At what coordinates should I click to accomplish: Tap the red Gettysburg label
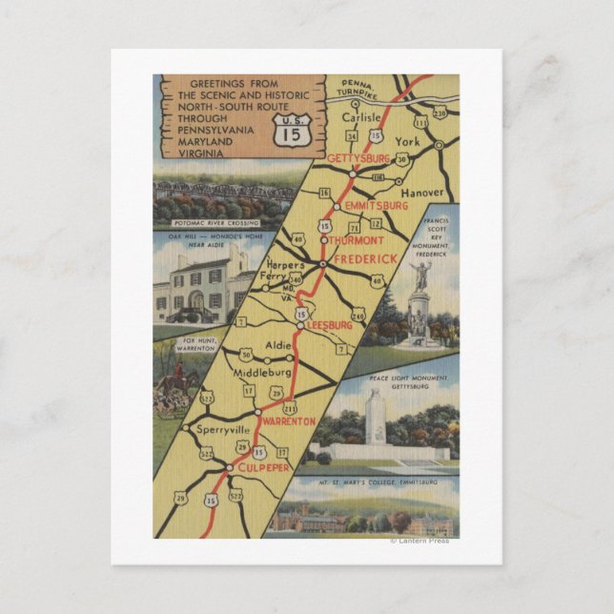(358, 158)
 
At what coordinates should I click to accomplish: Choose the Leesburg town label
(329, 325)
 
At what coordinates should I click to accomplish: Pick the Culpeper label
(263, 470)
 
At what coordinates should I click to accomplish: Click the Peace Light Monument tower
(376, 420)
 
